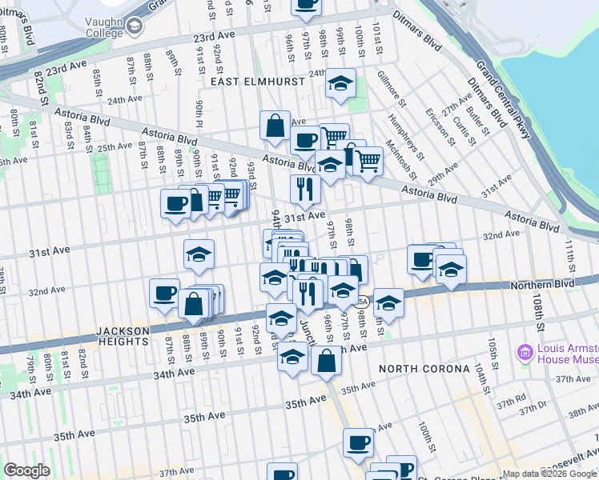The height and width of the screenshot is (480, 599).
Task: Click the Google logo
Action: click(x=26, y=470)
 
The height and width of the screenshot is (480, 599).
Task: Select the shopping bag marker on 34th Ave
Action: click(x=326, y=360)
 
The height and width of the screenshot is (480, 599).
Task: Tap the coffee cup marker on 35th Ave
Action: click(x=359, y=442)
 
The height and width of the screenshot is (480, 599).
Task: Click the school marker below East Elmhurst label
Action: click(x=340, y=83)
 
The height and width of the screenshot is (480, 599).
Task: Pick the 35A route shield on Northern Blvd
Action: click(x=361, y=302)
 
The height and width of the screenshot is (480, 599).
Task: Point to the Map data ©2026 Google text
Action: click(x=549, y=474)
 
